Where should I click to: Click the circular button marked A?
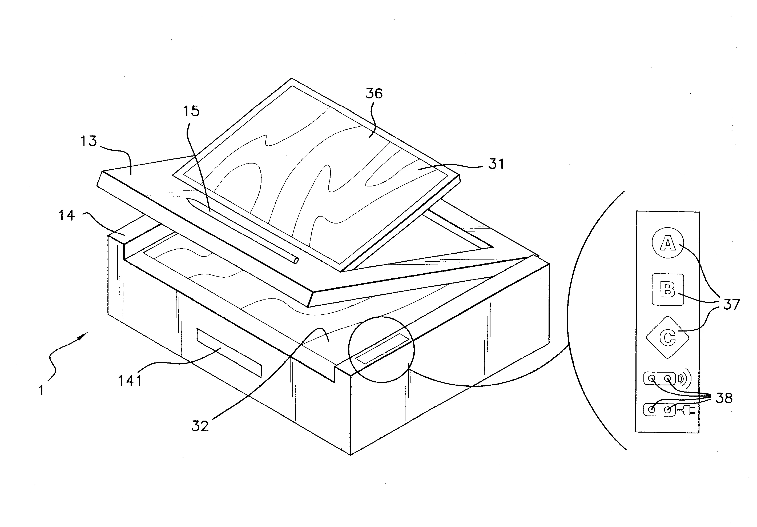click(x=668, y=243)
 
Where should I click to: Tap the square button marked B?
click(x=668, y=290)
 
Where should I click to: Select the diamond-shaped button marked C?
click(x=668, y=337)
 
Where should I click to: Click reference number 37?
click(x=731, y=304)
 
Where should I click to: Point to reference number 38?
click(x=724, y=398)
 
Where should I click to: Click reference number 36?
click(x=374, y=94)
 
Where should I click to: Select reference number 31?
click(x=496, y=164)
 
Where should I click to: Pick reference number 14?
click(x=67, y=215)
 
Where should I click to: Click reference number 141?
click(x=130, y=381)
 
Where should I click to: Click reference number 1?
click(x=41, y=391)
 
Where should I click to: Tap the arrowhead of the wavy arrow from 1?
click(x=84, y=335)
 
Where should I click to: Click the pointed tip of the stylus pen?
click(x=188, y=199)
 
